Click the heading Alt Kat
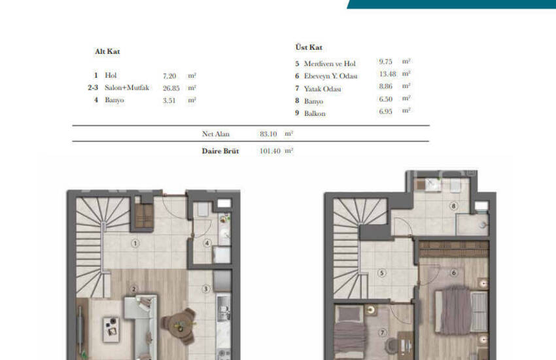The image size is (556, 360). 107,51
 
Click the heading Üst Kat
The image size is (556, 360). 309,48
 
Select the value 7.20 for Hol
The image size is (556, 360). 169,75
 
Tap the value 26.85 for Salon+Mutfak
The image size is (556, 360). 171,88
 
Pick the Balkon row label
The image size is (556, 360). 315,114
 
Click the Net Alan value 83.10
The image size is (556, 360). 269,134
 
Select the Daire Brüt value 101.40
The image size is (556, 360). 270,151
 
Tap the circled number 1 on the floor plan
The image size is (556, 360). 135,243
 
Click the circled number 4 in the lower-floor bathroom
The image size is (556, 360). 207,244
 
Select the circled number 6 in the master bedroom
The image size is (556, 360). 453,273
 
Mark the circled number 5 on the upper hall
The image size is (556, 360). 382,274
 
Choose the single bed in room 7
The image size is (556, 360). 350,337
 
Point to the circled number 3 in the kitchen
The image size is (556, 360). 205,289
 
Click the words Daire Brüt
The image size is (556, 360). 220,151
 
